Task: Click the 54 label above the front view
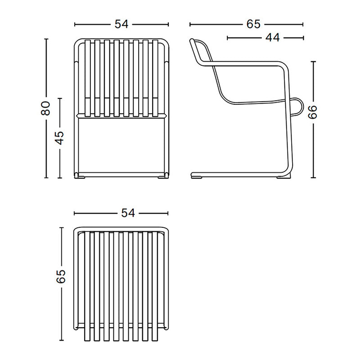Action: [x=121, y=24]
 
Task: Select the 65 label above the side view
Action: [x=253, y=24]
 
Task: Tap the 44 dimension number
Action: [x=272, y=38]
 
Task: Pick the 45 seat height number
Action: [x=60, y=137]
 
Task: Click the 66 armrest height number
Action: [x=313, y=112]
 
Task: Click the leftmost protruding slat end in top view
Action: [x=84, y=335]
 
